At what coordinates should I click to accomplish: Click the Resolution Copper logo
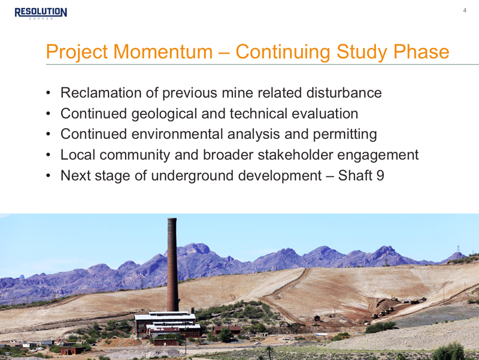tap(41, 13)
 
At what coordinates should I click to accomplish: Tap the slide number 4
tap(465, 10)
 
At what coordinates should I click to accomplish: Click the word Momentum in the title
tap(163, 52)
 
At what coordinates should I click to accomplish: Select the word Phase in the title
tap(422, 52)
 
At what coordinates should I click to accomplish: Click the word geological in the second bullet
tap(164, 114)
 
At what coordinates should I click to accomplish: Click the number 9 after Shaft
tap(380, 176)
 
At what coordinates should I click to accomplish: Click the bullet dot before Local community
tap(48, 155)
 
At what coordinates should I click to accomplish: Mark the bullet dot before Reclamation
tap(48, 93)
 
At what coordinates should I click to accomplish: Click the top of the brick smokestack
tap(172, 219)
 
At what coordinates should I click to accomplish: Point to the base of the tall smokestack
tap(172, 309)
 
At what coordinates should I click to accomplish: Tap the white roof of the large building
tap(165, 317)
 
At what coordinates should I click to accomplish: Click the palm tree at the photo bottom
tap(269, 352)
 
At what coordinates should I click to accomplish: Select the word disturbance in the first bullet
tap(344, 93)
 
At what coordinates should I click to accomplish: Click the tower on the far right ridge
tap(458, 250)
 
